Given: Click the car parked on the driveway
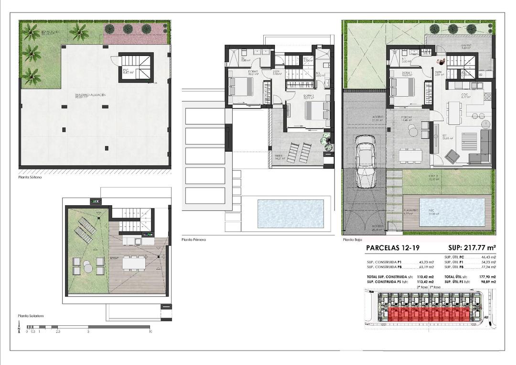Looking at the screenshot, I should (366, 161).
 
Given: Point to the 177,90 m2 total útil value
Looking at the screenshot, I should (487, 277).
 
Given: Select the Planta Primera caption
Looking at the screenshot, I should (193, 239).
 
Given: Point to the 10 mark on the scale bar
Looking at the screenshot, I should (150, 331).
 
